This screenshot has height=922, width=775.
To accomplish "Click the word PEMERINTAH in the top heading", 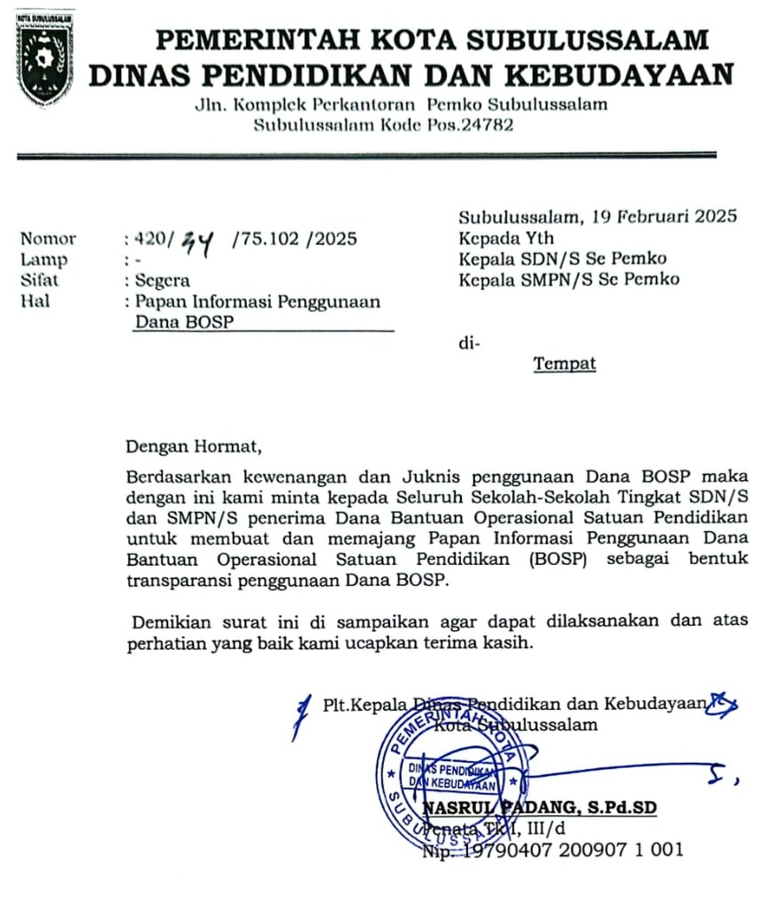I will [x=250, y=40].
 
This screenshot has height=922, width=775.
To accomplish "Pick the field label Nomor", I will [x=48, y=239].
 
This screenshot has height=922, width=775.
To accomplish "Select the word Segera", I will [x=163, y=281].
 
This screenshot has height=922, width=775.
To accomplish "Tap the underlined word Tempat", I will [x=564, y=363].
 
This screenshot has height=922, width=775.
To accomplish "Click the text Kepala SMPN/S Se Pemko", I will [x=568, y=280].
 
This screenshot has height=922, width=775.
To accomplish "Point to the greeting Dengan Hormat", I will [x=195, y=446].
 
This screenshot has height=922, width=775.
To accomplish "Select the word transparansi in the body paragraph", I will [x=179, y=580].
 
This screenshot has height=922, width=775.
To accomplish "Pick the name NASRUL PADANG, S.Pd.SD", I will [x=539, y=808].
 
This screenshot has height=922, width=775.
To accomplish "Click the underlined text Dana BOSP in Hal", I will [x=183, y=323].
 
